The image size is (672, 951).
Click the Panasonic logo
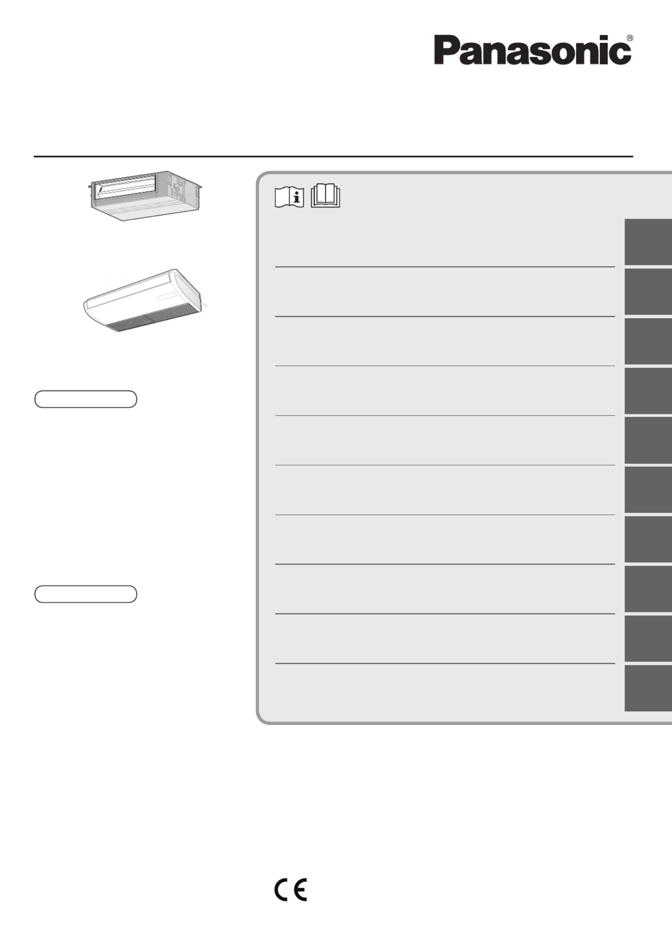point(533,50)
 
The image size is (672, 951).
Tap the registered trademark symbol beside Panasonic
point(630,38)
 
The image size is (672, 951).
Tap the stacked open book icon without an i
point(325,196)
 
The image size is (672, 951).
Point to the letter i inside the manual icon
point(296,197)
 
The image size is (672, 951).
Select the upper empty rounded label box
point(86,399)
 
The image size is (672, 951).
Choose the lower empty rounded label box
point(86,594)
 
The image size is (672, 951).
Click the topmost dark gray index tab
point(648,242)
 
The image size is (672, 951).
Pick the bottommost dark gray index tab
point(648,688)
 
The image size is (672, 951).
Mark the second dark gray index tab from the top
point(648,291)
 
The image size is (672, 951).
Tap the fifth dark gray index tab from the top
point(648,440)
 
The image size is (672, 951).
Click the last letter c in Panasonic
point(622,54)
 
